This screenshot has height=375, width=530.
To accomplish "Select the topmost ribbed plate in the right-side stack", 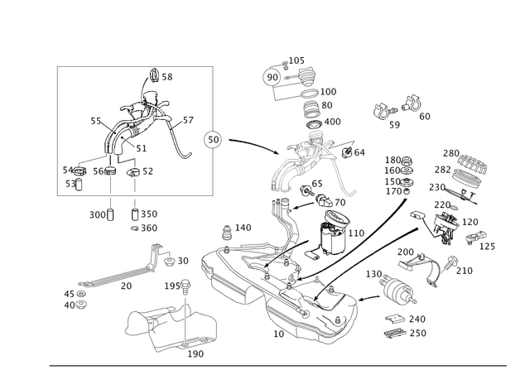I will (x=464, y=157).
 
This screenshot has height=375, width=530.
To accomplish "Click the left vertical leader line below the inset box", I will (x=111, y=203).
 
